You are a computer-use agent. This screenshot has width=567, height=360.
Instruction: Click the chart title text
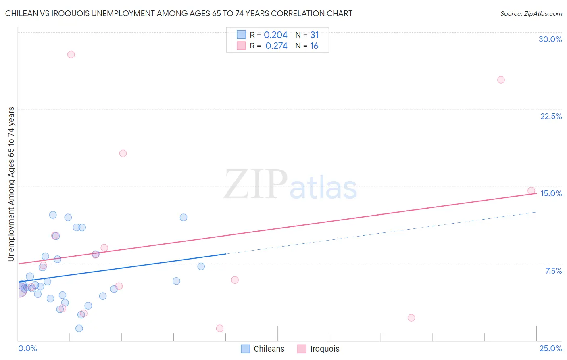tap(179, 13)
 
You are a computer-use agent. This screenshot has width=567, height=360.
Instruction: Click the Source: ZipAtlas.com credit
tap(531, 13)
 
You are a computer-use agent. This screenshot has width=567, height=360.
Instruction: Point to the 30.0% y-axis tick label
tap(550, 39)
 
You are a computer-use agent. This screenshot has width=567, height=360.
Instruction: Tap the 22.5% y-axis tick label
tap(551, 116)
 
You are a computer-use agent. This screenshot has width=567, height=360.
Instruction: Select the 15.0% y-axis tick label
tap(551, 193)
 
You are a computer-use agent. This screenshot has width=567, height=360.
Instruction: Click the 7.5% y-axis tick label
tap(553, 271)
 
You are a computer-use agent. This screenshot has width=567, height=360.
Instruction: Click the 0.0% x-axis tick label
tap(27, 348)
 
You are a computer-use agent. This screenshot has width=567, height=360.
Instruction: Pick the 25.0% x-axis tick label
tap(550, 348)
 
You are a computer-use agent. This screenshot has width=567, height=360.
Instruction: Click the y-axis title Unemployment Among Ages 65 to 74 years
tap(11, 184)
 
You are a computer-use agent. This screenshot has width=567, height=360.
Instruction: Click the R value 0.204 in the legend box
tap(275, 35)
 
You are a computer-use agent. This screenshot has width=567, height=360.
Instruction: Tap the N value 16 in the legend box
tap(314, 46)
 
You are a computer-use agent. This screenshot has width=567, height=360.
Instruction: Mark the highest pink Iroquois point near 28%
tap(71, 54)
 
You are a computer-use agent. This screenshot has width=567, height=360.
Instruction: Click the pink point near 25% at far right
tap(501, 80)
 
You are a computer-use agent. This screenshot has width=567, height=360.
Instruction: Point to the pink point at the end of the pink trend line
tap(531, 190)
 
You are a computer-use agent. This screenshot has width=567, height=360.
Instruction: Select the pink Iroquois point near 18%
tap(123, 153)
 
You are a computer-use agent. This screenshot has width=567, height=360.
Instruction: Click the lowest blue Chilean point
tap(79, 329)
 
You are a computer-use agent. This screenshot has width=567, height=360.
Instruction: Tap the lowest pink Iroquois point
tap(220, 329)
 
